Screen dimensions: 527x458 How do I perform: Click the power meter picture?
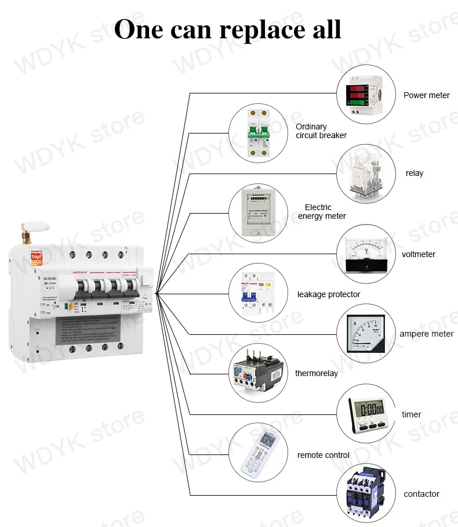366,95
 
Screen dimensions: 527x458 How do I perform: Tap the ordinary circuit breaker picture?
257,132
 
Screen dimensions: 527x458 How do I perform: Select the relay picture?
366,174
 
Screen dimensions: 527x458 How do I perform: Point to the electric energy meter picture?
257,212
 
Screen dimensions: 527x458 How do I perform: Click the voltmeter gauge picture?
366,254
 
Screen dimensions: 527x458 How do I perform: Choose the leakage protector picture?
257,293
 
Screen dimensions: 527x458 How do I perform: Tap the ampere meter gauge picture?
366,333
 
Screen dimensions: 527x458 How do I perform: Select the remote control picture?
257,452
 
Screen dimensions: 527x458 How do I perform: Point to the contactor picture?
366,494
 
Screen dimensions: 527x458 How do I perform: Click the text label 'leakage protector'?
329,294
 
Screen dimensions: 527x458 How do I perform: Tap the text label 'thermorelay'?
317,373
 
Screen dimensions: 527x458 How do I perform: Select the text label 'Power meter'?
427,95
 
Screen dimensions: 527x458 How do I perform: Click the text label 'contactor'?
421,494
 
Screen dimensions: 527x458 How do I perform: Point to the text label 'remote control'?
323,455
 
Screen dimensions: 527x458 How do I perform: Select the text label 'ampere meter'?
427,334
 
